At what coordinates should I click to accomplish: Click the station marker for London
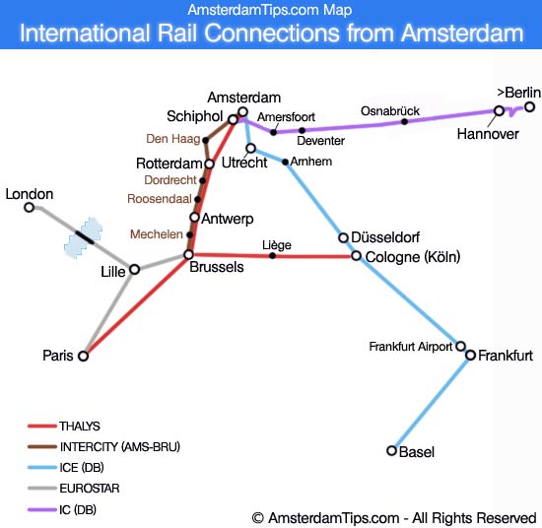pyautogui.click(x=30, y=208)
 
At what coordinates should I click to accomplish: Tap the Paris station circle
pyautogui.click(x=84, y=357)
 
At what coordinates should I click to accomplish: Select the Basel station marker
pyautogui.click(x=392, y=451)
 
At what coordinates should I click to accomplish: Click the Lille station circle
pyautogui.click(x=135, y=269)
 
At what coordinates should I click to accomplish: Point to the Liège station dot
pyautogui.click(x=273, y=256)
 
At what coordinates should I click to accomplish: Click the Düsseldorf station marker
pyautogui.click(x=343, y=237)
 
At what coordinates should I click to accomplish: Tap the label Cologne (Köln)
pyautogui.click(x=412, y=257)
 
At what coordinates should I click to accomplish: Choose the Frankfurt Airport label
pyautogui.click(x=410, y=347)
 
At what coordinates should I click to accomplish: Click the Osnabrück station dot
pyautogui.click(x=404, y=122)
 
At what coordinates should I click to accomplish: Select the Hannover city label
pyautogui.click(x=488, y=134)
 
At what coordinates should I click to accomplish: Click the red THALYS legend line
pyautogui.click(x=41, y=427)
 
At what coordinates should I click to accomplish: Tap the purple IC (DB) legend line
pyautogui.click(x=41, y=510)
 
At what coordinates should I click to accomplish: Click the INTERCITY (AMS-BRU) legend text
pyautogui.click(x=119, y=447)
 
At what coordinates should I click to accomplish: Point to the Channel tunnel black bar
pyautogui.click(x=84, y=235)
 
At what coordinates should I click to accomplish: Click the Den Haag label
pyautogui.click(x=172, y=138)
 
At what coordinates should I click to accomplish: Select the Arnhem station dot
pyautogui.click(x=286, y=162)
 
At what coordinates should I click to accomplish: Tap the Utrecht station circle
pyautogui.click(x=251, y=149)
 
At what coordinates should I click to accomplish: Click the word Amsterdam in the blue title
pyautogui.click(x=462, y=34)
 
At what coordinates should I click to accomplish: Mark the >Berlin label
pyautogui.click(x=518, y=93)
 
